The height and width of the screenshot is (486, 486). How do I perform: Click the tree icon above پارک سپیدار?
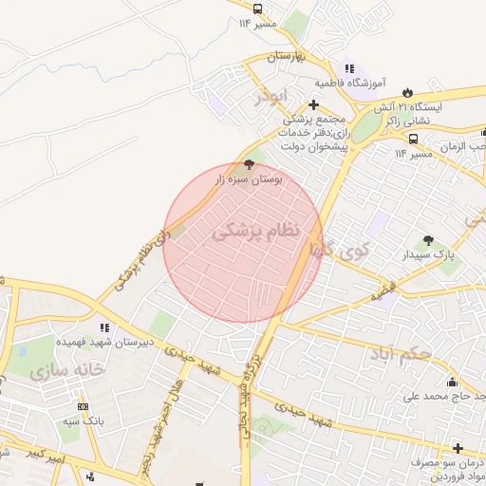click(x=429, y=240)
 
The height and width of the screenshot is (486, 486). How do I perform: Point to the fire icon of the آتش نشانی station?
click(x=408, y=92)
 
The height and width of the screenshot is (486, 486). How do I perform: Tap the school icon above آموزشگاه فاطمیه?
click(x=349, y=68)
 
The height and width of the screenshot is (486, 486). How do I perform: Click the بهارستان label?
click(x=283, y=58)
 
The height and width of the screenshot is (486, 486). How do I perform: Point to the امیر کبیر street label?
click(x=45, y=458)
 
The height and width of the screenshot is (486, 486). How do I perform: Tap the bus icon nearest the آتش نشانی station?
click(x=413, y=138)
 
